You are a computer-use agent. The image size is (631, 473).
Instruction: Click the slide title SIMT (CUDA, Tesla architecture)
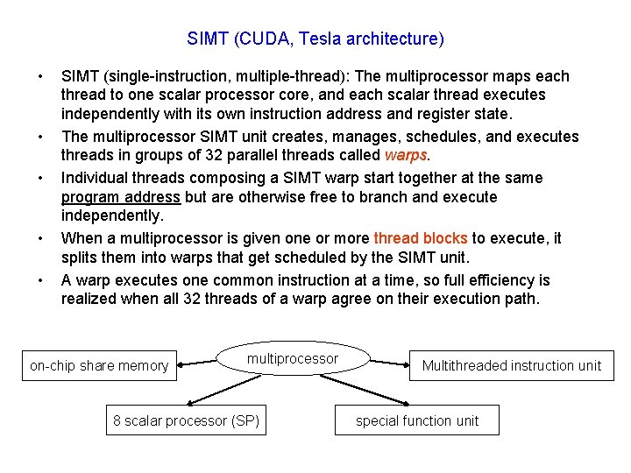click(315, 39)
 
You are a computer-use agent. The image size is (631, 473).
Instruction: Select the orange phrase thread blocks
click(420, 238)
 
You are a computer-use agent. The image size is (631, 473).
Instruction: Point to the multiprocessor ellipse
click(293, 359)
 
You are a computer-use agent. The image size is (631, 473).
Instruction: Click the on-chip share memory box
click(98, 366)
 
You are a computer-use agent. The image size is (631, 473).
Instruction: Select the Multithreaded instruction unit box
click(512, 366)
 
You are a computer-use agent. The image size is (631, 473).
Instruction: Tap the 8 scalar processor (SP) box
click(187, 420)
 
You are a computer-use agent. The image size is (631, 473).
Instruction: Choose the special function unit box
click(417, 420)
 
